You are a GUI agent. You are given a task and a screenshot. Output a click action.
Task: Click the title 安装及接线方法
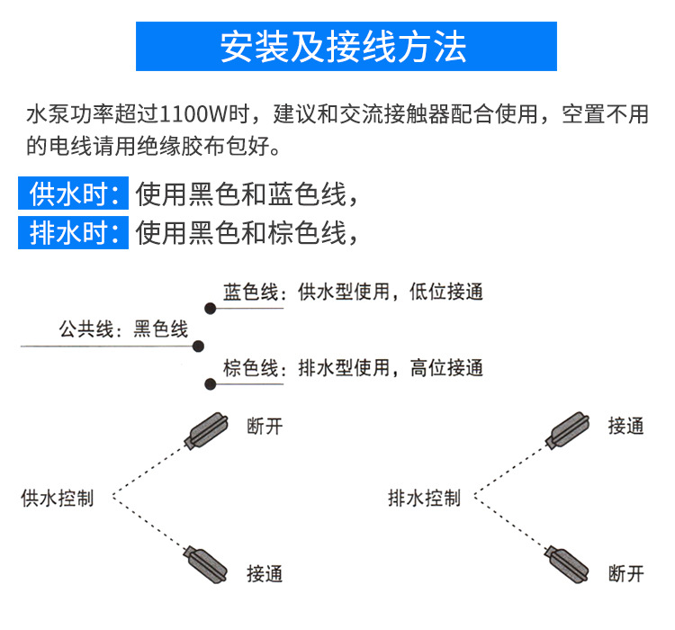[346, 47]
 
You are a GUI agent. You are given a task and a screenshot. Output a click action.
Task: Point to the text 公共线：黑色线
[123, 328]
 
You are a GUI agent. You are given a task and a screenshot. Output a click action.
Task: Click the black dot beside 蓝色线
[209, 308]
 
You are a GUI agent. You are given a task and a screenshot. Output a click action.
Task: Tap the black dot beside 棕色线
[209, 383]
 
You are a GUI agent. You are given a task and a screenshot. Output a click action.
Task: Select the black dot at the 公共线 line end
[199, 346]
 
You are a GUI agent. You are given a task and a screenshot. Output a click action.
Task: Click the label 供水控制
[57, 498]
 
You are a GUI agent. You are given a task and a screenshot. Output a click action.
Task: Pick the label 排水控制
[424, 498]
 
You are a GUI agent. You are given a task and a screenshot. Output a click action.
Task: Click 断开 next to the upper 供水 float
[265, 427]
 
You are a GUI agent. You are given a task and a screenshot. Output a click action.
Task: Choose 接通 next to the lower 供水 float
[265, 572]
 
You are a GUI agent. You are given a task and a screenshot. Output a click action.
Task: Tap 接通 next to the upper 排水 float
[626, 427]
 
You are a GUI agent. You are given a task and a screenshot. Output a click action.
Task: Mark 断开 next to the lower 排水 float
[626, 572]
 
